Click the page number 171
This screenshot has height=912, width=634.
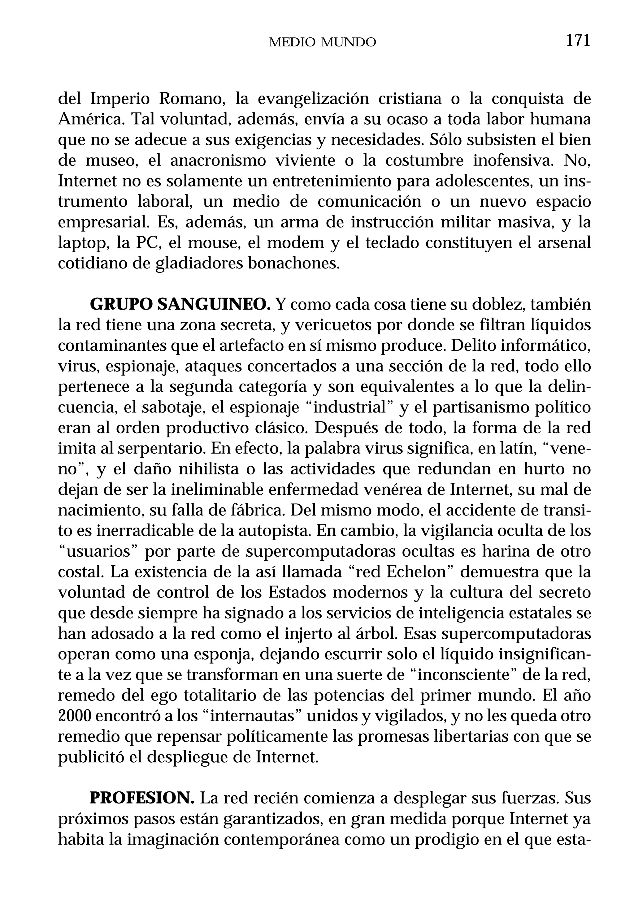(578, 41)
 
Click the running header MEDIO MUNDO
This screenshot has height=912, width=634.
(322, 42)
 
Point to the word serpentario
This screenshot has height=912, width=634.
(161, 449)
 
